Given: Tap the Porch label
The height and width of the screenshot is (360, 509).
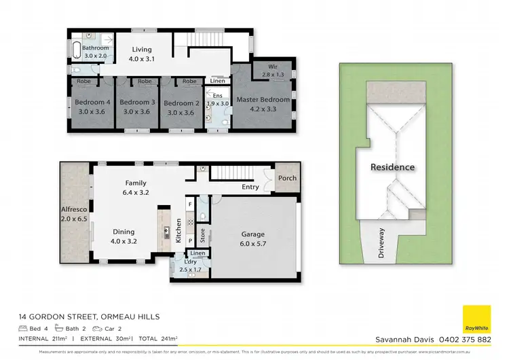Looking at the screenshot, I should coord(286,179).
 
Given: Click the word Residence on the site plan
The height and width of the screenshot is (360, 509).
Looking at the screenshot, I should coord(392,167).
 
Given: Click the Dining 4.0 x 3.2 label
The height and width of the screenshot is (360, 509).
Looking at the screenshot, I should coord(124,236).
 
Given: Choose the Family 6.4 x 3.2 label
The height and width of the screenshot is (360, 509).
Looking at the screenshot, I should coord(135,187).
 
